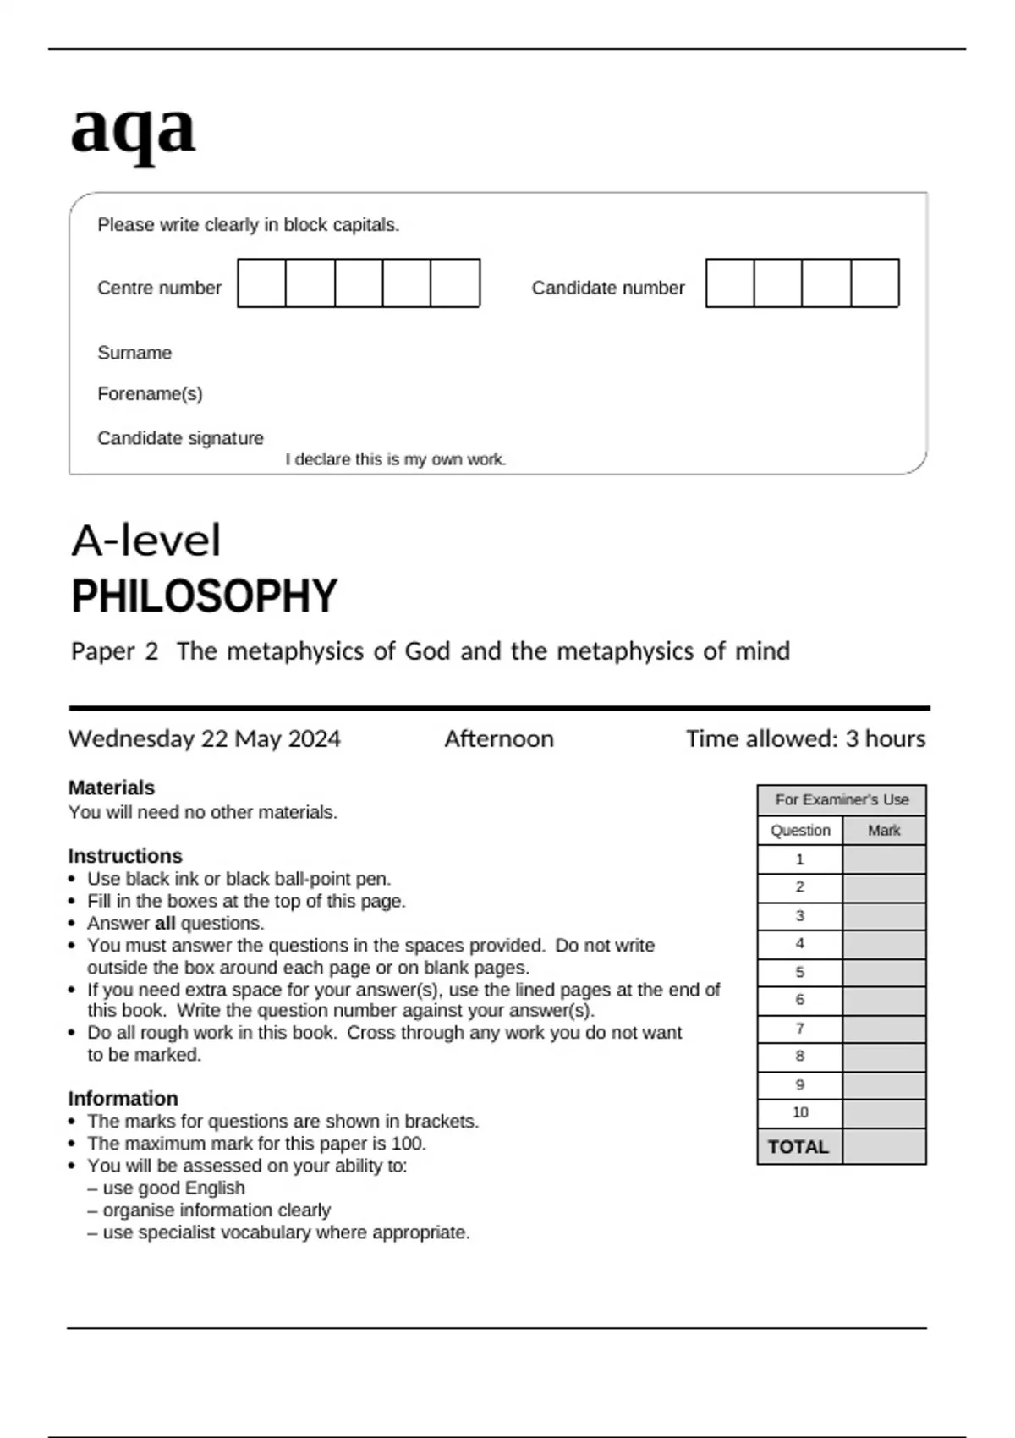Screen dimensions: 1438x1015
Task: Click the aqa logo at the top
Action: [133, 129]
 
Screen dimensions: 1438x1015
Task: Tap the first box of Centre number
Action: [262, 283]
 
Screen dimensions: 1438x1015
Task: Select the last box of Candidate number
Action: [875, 283]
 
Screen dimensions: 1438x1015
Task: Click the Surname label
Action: [134, 353]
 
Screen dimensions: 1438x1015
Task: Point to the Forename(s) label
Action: [150, 394]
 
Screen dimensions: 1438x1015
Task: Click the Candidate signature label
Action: [180, 438]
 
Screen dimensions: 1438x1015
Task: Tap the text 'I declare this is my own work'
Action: [395, 459]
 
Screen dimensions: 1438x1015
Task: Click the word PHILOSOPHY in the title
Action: [204, 596]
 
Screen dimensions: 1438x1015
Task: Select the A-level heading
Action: [145, 541]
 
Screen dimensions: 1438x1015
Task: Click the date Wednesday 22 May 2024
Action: [204, 738]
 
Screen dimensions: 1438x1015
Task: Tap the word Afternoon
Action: [499, 738]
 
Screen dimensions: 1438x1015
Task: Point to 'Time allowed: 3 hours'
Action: [805, 738]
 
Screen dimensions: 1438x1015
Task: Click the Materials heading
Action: [111, 788]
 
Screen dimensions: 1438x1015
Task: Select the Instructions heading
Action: [124, 855]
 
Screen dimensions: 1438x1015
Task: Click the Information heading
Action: [123, 1098]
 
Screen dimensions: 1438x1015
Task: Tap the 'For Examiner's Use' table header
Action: [842, 799]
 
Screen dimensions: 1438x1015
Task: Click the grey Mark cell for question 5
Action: [884, 972]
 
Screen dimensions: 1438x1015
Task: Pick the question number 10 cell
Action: [800, 1112]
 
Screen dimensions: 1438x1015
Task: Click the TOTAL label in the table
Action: [798, 1147]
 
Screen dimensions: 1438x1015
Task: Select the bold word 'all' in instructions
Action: [165, 924]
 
